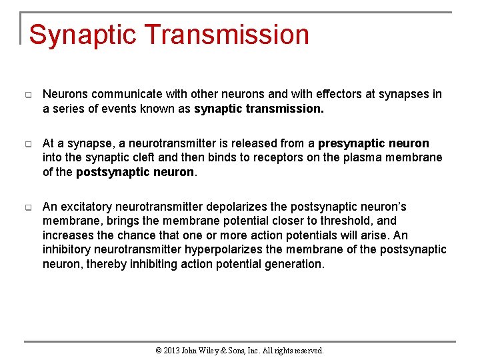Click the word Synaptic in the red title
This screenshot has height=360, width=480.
81,35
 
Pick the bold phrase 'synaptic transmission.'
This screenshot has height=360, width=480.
259,109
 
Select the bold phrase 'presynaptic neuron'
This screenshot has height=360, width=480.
373,143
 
